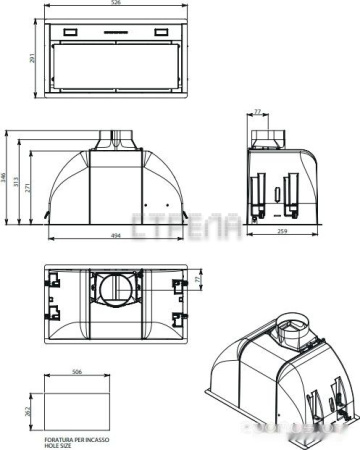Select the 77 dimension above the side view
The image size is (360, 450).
257,113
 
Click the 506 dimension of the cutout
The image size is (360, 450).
76,370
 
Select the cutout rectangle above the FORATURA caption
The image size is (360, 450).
77,404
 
